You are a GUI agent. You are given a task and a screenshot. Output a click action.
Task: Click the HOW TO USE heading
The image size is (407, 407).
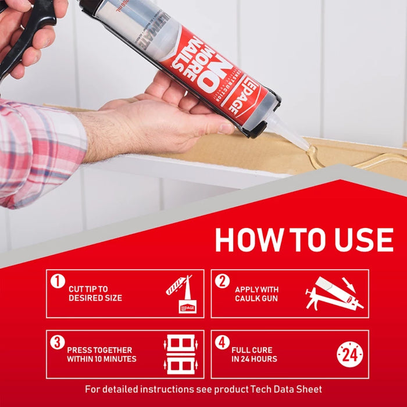pyautogui.click(x=304, y=240)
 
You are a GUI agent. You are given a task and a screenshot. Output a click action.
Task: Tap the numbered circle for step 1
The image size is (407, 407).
pyautogui.click(x=57, y=281)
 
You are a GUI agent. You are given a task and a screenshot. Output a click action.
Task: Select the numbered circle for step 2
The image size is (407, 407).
pyautogui.click(x=222, y=281)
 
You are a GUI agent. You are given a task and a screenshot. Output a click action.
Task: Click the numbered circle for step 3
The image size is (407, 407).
pyautogui.click(x=57, y=342)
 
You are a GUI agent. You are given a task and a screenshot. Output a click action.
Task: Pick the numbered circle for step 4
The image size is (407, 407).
pyautogui.click(x=222, y=342)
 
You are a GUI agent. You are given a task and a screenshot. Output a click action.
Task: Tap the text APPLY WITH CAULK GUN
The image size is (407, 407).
pyautogui.click(x=256, y=294)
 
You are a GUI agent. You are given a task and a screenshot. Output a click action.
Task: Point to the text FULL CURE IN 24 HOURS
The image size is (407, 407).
pyautogui.click(x=254, y=355)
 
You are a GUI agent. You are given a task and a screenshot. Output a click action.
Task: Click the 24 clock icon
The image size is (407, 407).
pyautogui.click(x=349, y=354)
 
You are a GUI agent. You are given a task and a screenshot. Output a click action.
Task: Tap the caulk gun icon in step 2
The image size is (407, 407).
pyautogui.click(x=334, y=294)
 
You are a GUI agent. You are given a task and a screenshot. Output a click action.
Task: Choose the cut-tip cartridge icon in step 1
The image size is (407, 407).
pyautogui.click(x=182, y=294)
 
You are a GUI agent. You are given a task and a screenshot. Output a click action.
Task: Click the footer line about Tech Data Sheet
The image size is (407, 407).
pyautogui.click(x=203, y=389)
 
